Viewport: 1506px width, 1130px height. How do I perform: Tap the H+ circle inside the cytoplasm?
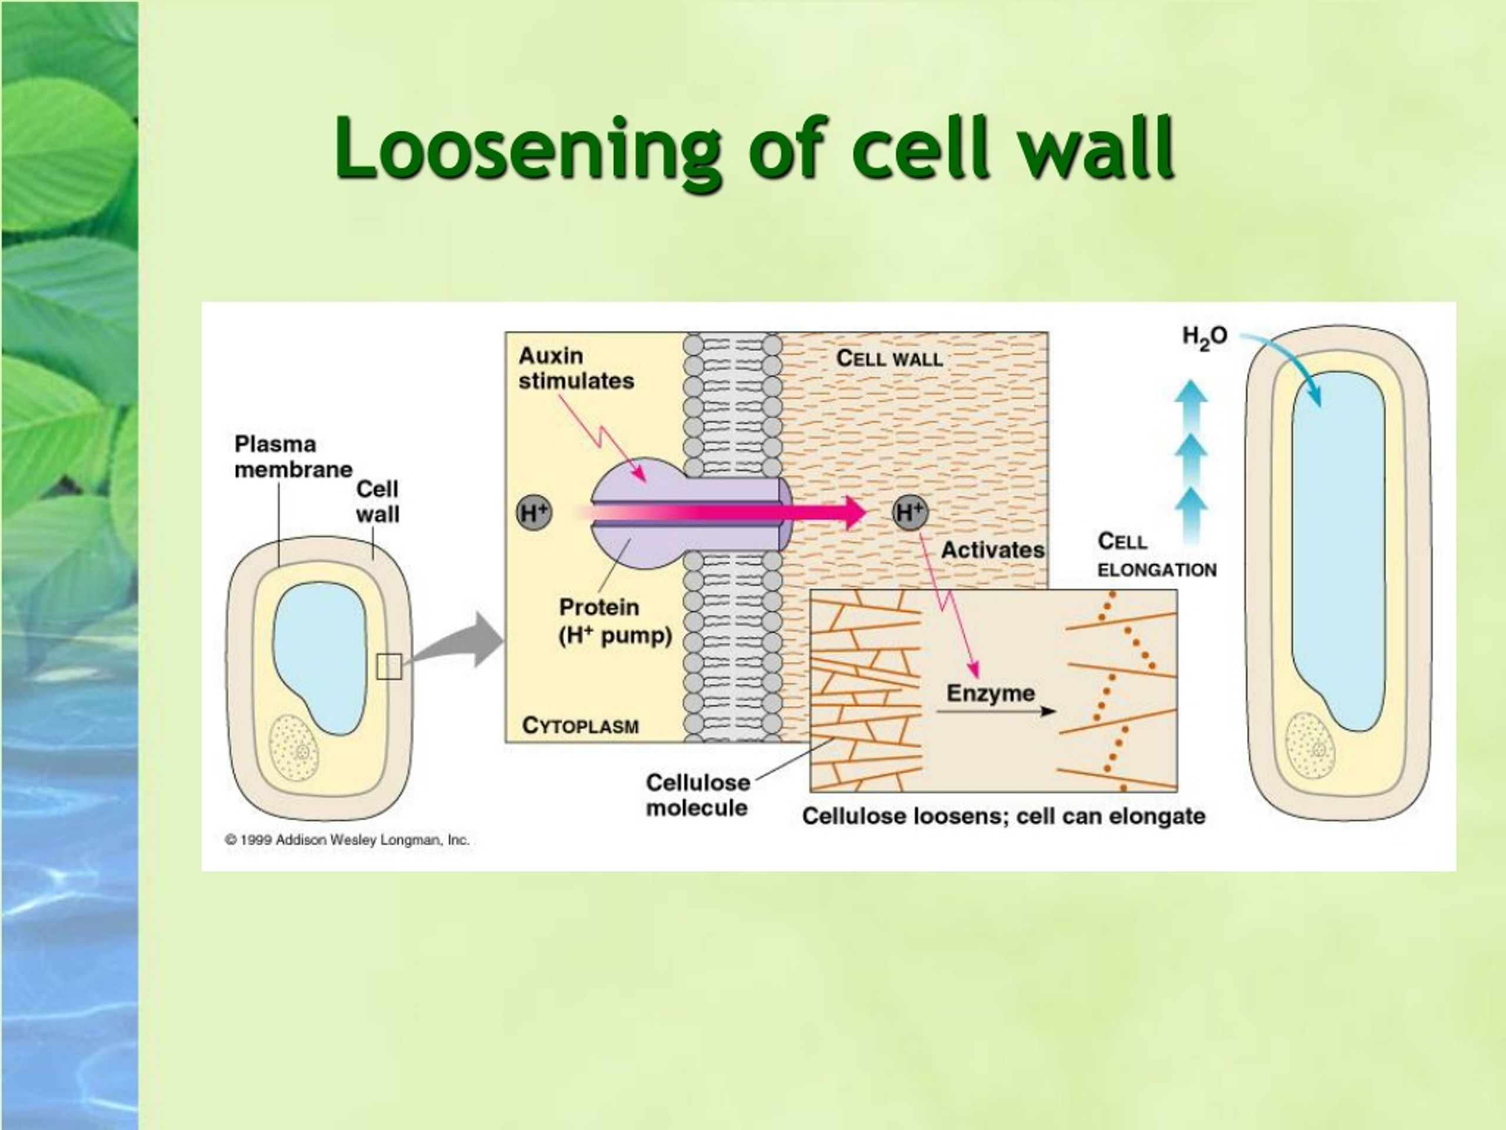point(534,512)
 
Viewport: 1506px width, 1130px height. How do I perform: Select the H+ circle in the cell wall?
point(910,512)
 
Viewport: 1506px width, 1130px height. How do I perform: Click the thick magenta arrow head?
point(854,512)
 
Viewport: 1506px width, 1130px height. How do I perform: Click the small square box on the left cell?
point(389,666)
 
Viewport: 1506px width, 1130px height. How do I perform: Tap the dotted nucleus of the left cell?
point(294,747)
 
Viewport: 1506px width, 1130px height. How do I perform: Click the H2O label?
point(1204,337)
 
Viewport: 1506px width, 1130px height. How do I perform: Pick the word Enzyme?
point(991,693)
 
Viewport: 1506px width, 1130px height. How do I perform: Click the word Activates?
point(992,550)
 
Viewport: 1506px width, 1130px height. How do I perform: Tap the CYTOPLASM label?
point(580,726)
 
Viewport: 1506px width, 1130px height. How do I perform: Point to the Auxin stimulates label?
point(576,368)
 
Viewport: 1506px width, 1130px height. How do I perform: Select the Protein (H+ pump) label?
point(615,621)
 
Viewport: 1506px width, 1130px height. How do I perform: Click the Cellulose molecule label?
point(698,795)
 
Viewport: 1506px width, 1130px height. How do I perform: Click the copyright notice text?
point(347,840)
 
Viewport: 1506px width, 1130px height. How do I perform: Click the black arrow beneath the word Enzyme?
point(995,711)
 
